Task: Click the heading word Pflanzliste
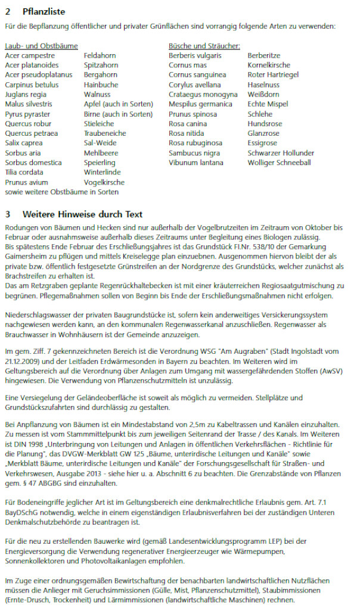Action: click(x=44, y=11)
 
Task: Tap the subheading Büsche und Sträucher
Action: click(x=204, y=46)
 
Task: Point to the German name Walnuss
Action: click(x=97, y=94)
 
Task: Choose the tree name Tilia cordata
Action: click(x=24, y=172)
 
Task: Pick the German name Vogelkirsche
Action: click(x=104, y=182)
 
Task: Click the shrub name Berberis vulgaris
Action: click(x=195, y=55)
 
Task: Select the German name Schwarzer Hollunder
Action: click(x=279, y=153)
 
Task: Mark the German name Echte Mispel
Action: click(x=268, y=104)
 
